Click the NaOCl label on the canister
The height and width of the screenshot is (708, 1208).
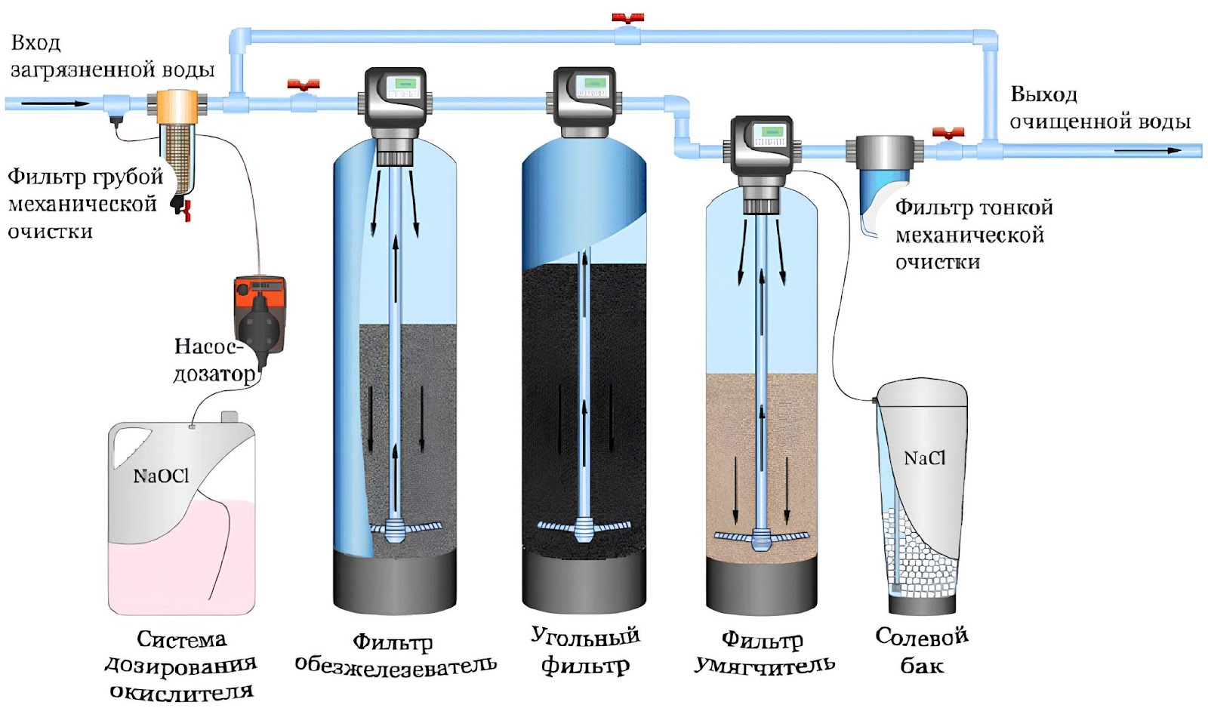pyautogui.click(x=162, y=476)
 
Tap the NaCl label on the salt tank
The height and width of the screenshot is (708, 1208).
pyautogui.click(x=924, y=458)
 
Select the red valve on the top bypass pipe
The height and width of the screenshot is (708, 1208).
pyautogui.click(x=627, y=18)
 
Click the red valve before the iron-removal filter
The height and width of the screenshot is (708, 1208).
pyautogui.click(x=304, y=85)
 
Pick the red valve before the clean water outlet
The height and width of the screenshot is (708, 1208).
pyautogui.click(x=948, y=133)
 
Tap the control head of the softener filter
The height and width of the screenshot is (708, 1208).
pyautogui.click(x=762, y=154)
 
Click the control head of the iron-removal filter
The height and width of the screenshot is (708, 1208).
pyautogui.click(x=396, y=103)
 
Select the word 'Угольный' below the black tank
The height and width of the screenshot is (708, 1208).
pyautogui.click(x=586, y=637)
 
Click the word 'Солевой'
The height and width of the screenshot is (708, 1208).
pyautogui.click(x=922, y=637)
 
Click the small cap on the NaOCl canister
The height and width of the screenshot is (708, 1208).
pyautogui.click(x=230, y=417)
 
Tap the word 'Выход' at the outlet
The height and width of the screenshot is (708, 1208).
pyautogui.click(x=1043, y=95)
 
